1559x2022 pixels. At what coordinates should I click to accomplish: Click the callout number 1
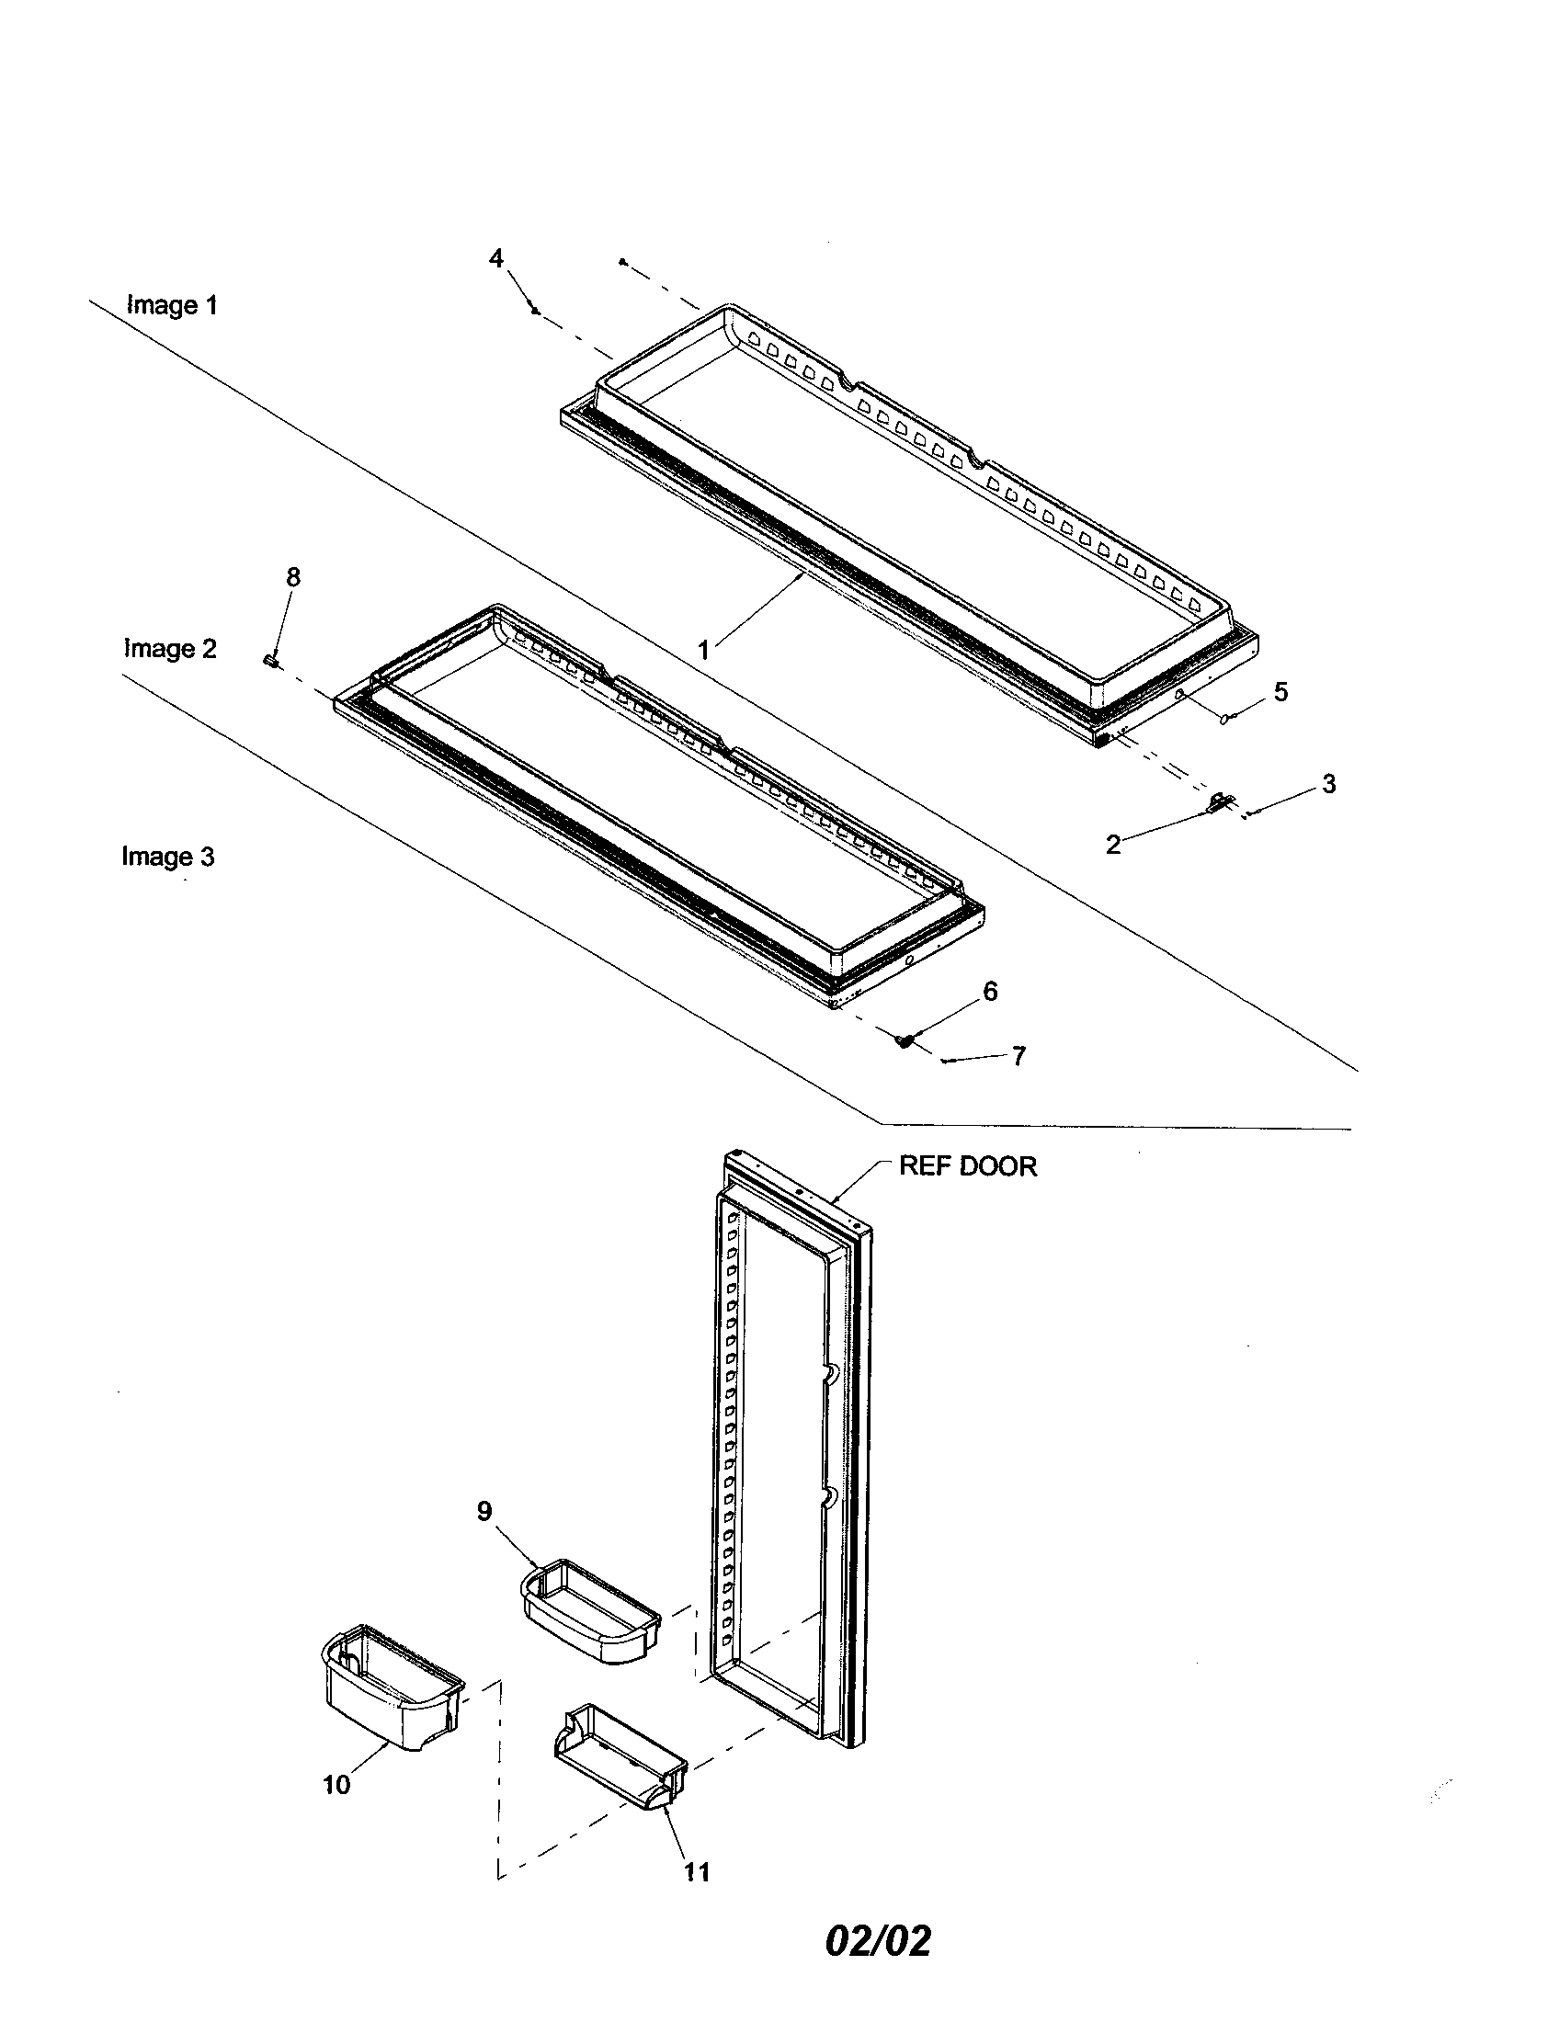pyautogui.click(x=703, y=651)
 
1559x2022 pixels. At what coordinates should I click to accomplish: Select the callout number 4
pyautogui.click(x=497, y=258)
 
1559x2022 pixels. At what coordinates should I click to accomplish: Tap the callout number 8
pyautogui.click(x=292, y=577)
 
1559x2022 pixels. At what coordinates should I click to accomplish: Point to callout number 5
pyautogui.click(x=1280, y=691)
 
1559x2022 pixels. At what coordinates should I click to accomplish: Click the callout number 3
pyautogui.click(x=1328, y=784)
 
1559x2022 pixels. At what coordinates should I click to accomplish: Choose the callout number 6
pyautogui.click(x=990, y=992)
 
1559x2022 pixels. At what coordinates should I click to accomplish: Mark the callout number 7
pyautogui.click(x=1018, y=1056)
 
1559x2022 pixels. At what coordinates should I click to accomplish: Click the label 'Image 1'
pyautogui.click(x=172, y=304)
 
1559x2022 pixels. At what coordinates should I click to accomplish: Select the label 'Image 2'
pyautogui.click(x=170, y=649)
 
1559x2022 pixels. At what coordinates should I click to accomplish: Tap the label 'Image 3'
pyautogui.click(x=168, y=857)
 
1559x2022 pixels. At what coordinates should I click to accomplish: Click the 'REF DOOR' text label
pyautogui.click(x=967, y=1166)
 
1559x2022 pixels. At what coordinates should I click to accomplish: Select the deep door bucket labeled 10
pyautogui.click(x=391, y=1694)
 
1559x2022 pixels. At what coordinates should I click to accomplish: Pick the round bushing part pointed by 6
pyautogui.click(x=903, y=1040)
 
